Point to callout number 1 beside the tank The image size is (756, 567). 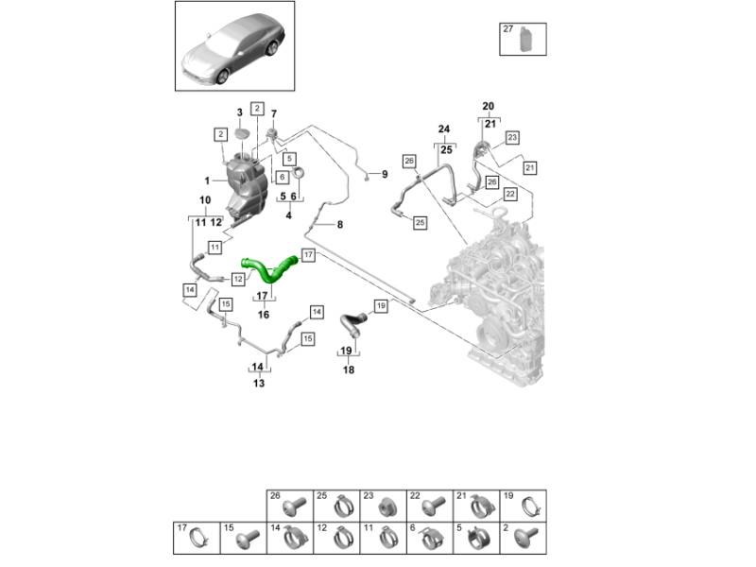pos(207,180)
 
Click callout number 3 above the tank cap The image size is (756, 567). pos(239,113)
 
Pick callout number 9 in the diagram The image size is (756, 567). pos(385,175)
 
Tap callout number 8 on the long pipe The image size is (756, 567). pos(340,224)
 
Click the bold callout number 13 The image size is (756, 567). pos(257,384)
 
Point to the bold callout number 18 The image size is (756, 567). pos(349,370)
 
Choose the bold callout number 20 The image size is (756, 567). pos(488,106)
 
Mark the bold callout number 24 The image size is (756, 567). pos(443,129)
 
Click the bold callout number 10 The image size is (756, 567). pos(205,200)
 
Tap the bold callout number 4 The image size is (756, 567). pos(287,215)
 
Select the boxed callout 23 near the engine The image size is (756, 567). pos(512,138)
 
